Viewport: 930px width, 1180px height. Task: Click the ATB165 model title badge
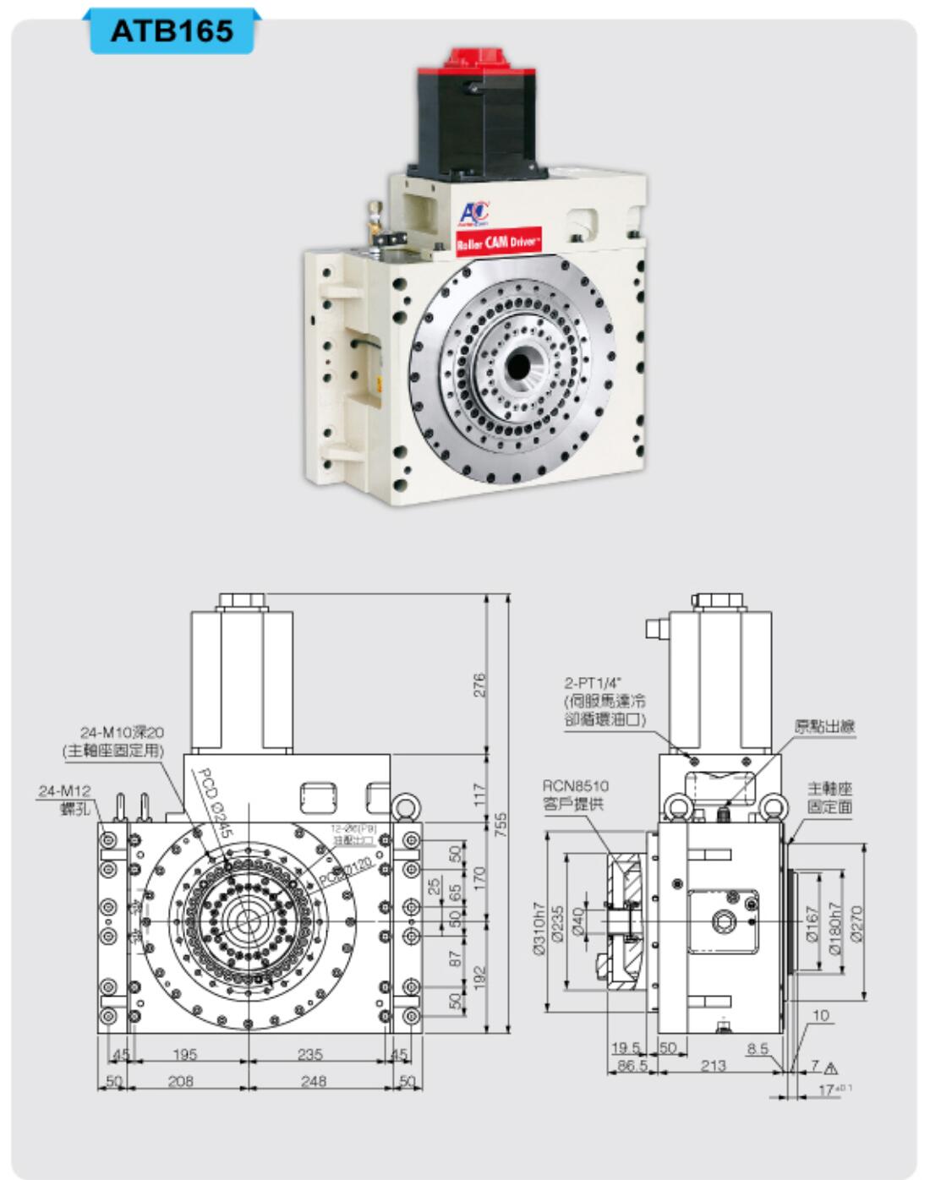pos(172,31)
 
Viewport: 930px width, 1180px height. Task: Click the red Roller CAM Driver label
pos(499,241)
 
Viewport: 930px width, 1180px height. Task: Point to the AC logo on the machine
pos(473,213)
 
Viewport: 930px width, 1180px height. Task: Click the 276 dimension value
pos(479,684)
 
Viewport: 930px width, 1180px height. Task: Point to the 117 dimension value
pos(479,794)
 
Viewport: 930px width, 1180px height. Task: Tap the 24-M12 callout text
pos(64,791)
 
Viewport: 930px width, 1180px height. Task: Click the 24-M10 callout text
pos(122,732)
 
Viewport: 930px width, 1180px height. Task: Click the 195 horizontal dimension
pos(184,1054)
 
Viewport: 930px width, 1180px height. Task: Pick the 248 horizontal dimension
pos(313,1080)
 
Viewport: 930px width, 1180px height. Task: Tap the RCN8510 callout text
pos(576,786)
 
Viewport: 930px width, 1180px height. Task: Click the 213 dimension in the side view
pos(713,1065)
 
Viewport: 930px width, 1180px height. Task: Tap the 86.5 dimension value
pos(632,1066)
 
